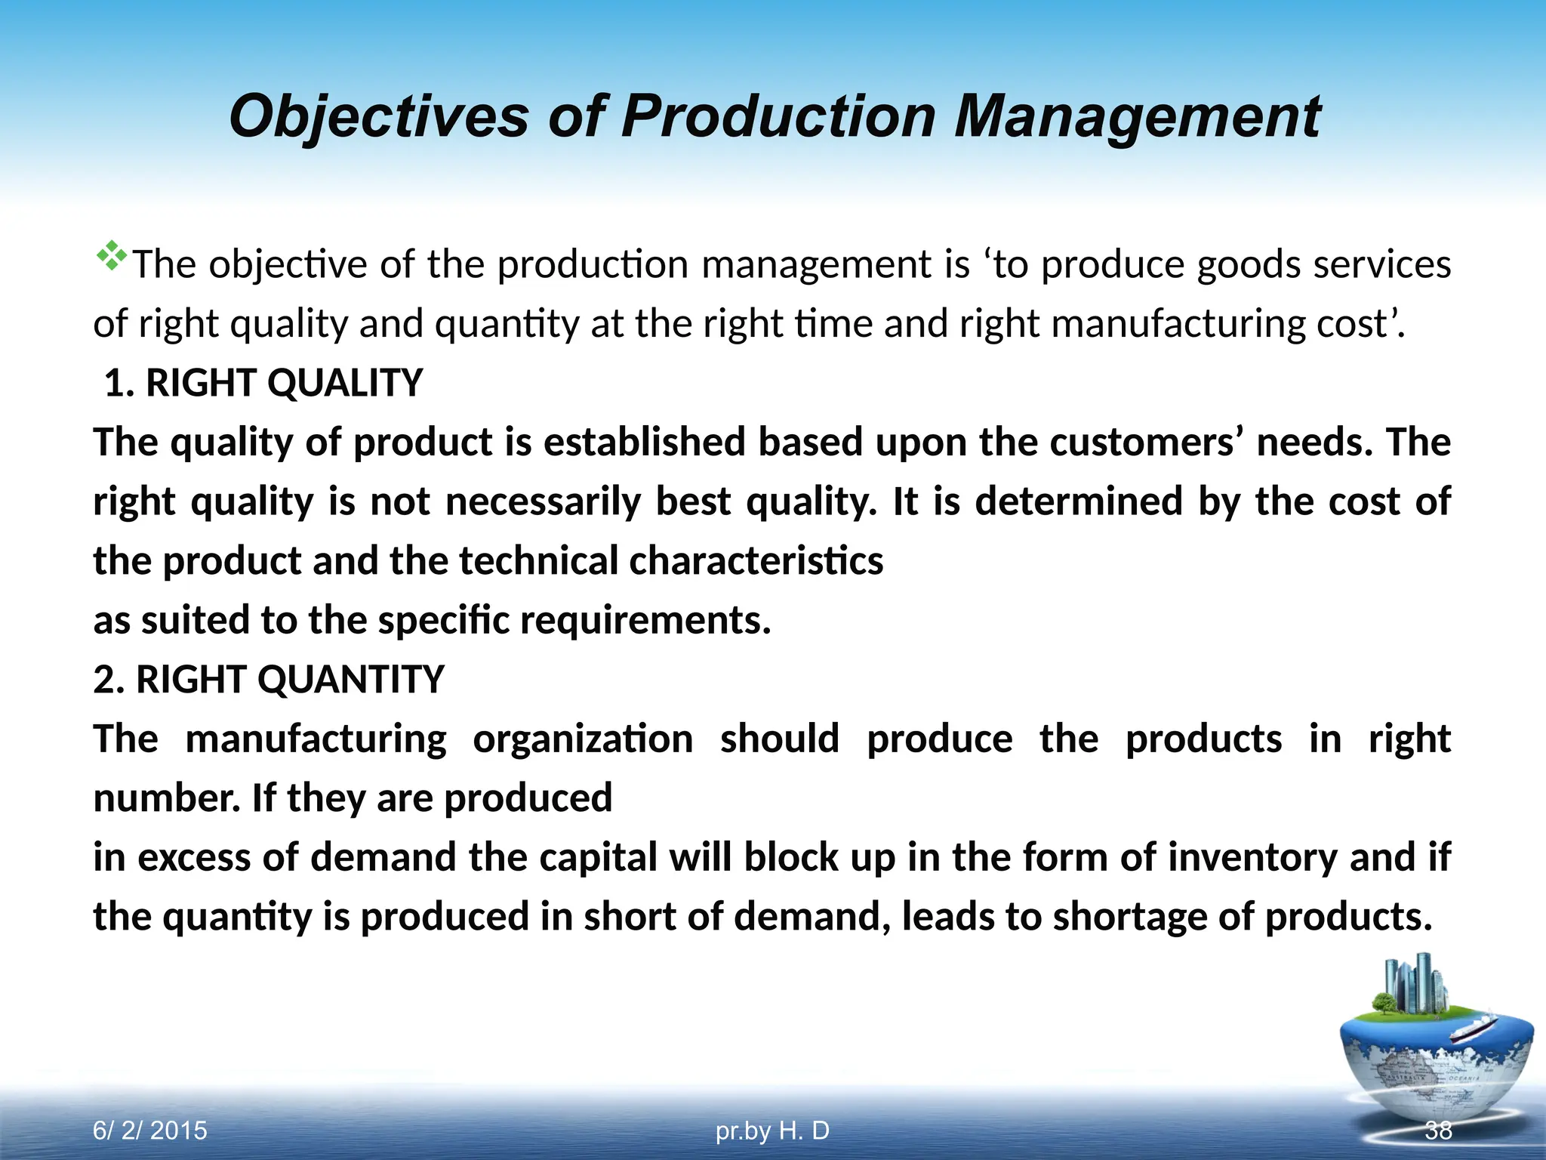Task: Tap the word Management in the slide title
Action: (1138, 117)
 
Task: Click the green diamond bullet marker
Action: (111, 256)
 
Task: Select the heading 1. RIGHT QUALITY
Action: (263, 383)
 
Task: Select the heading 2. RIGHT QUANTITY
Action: (269, 679)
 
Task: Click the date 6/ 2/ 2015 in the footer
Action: (149, 1131)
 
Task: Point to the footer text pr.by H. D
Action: (772, 1131)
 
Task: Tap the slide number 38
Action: (1438, 1131)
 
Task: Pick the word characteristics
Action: (756, 561)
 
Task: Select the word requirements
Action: (645, 620)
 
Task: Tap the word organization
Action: (583, 739)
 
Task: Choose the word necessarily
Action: (543, 501)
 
